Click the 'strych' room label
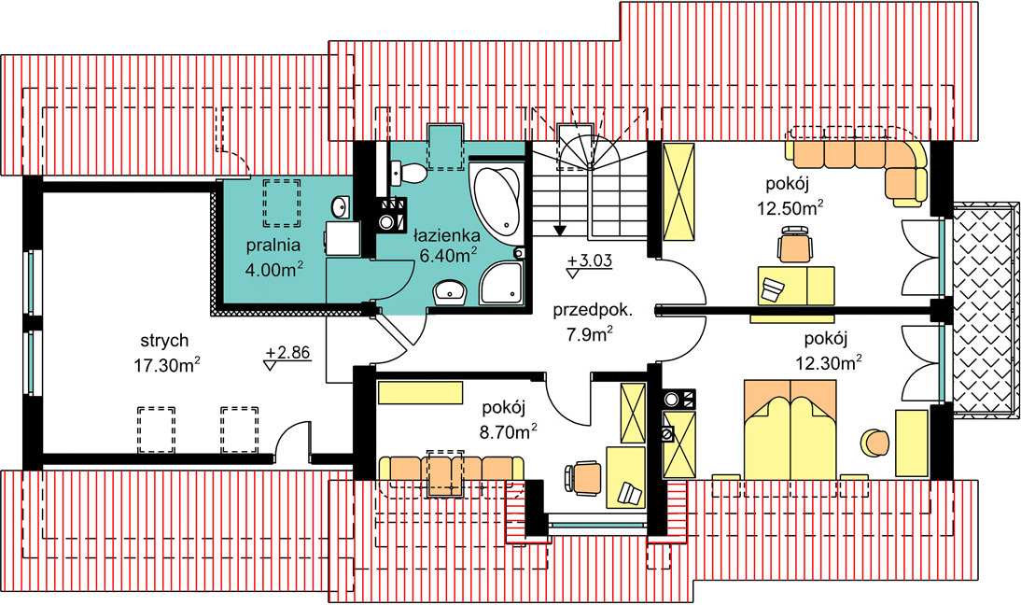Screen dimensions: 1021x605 pyautogui.click(x=165, y=341)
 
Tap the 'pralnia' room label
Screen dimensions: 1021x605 pyautogui.click(x=273, y=246)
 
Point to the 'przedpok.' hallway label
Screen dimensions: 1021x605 pyautogui.click(x=592, y=310)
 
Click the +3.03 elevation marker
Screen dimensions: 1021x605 pyautogui.click(x=589, y=261)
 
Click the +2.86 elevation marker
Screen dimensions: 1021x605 pyautogui.click(x=287, y=354)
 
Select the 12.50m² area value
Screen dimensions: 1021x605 pyautogui.click(x=790, y=208)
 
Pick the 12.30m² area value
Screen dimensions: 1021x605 pyautogui.click(x=829, y=362)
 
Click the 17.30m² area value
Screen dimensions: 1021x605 pyautogui.click(x=167, y=365)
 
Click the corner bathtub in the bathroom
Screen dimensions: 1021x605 pyautogui.click(x=497, y=199)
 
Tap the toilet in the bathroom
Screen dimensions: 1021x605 pyautogui.click(x=409, y=174)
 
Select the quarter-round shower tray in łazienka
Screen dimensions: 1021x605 pyautogui.click(x=501, y=283)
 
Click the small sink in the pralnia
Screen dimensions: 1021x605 pyautogui.click(x=340, y=208)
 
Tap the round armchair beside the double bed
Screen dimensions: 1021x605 pyautogui.click(x=875, y=443)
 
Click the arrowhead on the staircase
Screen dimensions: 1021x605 pyautogui.click(x=559, y=230)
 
